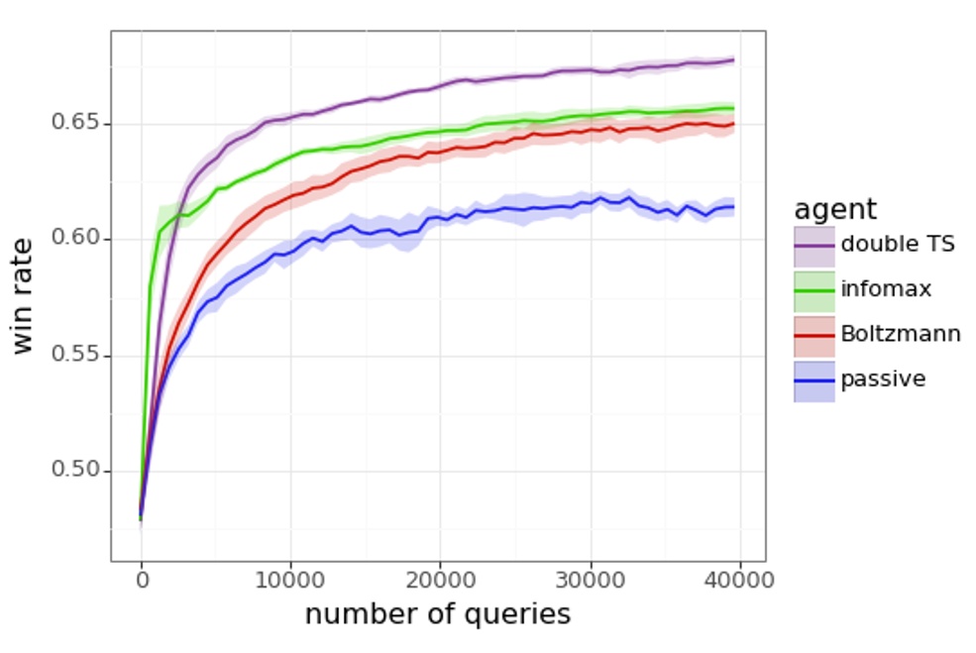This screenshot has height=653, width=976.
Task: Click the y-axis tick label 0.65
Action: click(x=75, y=123)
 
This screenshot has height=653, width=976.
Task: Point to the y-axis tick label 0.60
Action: click(x=75, y=239)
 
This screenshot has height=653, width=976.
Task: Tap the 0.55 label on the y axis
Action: click(x=75, y=355)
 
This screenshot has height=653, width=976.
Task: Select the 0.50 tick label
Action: click(x=75, y=470)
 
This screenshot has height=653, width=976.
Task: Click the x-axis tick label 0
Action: click(x=141, y=579)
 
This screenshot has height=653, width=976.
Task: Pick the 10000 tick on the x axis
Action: click(x=290, y=579)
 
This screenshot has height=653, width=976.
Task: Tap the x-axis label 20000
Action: click(x=440, y=579)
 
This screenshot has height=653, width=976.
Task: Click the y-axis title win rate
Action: click(x=25, y=294)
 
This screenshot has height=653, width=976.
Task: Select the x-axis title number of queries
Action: click(x=437, y=614)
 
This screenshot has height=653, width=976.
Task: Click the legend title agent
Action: click(x=834, y=210)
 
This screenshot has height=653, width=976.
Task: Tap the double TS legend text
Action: click(x=898, y=244)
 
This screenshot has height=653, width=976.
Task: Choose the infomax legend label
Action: click(x=886, y=289)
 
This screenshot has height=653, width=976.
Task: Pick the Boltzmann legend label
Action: click(x=900, y=335)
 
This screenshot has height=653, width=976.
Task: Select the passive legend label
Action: click(x=883, y=380)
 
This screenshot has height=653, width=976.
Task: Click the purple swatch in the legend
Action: click(x=813, y=245)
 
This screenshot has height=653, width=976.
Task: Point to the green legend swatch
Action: click(x=813, y=290)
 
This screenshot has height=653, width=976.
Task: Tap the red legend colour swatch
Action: click(x=813, y=335)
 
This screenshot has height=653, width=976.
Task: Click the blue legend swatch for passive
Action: click(x=813, y=381)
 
